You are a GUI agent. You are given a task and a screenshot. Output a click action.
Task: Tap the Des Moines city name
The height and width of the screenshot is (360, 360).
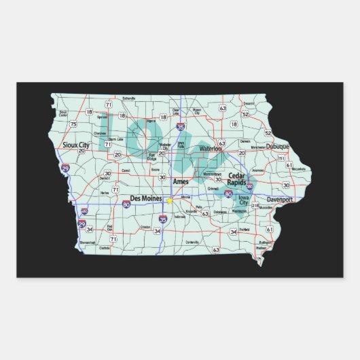click(x=145, y=200)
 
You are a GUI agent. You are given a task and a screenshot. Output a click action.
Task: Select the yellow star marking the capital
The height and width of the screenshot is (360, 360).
click(x=168, y=200)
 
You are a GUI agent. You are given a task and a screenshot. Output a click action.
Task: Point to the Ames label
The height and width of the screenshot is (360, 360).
click(x=181, y=182)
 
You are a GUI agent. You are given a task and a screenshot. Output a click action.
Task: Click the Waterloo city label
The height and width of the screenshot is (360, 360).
click(x=211, y=148)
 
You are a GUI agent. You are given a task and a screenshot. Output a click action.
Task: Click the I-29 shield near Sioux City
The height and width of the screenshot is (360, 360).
click(x=65, y=168)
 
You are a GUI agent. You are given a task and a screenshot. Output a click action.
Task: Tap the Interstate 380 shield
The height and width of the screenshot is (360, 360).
click(x=250, y=185)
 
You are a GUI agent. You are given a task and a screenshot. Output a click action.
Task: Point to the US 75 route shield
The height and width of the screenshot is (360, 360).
click(x=73, y=125)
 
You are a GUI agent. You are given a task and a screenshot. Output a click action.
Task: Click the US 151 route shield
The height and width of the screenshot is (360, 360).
click(x=281, y=158)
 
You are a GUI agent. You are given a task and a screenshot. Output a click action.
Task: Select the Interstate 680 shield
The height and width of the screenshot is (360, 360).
click(x=84, y=211)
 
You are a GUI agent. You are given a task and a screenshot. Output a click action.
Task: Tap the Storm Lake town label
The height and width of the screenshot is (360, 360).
click(x=116, y=139)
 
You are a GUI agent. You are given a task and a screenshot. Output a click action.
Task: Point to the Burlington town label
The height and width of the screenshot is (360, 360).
click(x=266, y=242)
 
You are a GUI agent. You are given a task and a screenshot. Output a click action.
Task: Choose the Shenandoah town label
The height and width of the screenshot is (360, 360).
click(x=88, y=242)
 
